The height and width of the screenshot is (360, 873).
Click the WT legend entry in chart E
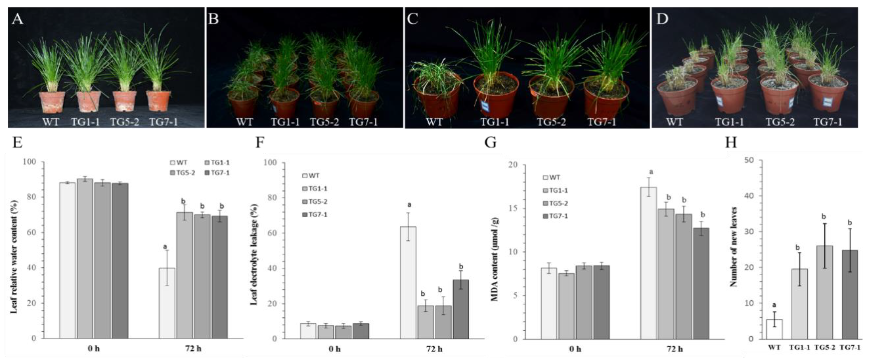(x=179, y=163)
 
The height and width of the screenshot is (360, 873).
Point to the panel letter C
(x=413, y=19)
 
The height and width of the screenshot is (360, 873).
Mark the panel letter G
(x=490, y=143)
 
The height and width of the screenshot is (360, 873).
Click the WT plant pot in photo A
(x=52, y=102)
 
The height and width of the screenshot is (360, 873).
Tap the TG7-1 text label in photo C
(x=601, y=122)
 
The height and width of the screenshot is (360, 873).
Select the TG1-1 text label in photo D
(x=729, y=122)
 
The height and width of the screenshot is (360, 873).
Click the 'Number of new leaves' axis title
(x=733, y=247)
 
